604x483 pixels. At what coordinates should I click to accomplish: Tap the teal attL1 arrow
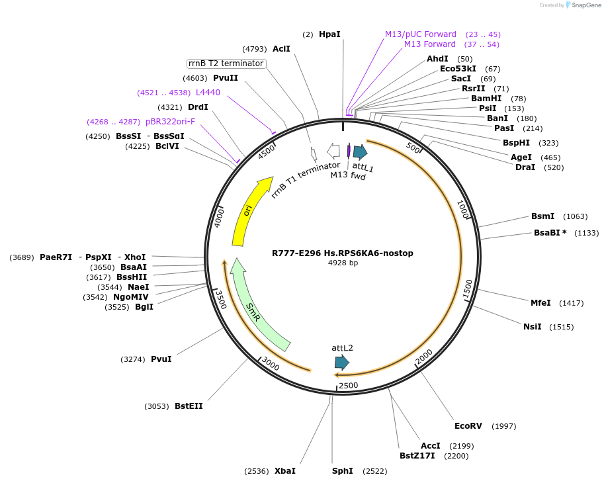pos(360,152)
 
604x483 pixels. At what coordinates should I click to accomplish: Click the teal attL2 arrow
pos(341,362)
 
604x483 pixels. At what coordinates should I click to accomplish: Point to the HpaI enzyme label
pos(329,34)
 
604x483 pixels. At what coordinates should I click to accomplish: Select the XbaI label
pos(285,471)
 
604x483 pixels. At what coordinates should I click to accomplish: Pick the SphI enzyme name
pos(343,471)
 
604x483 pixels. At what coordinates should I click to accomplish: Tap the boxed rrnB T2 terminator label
pos(226,64)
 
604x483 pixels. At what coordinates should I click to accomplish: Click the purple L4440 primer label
pos(208,93)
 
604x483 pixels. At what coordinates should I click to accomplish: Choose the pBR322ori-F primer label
pos(170,121)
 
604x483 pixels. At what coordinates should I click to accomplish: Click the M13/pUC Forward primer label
pos(421,34)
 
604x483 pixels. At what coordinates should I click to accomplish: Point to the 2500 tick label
pos(348,385)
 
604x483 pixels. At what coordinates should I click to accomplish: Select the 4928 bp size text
pos(343,263)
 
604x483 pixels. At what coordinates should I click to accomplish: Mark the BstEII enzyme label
pos(189,406)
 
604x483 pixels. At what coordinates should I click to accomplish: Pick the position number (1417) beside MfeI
pos(572,303)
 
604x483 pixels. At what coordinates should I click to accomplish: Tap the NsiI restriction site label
pos(532,327)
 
